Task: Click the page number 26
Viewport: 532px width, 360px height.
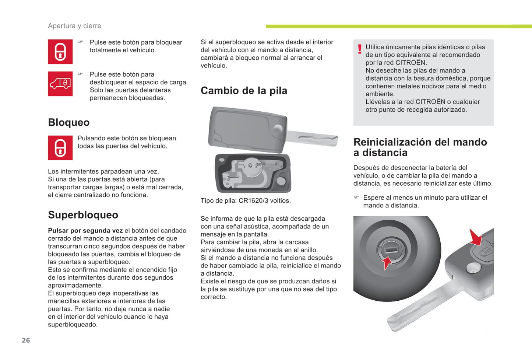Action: (x=26, y=340)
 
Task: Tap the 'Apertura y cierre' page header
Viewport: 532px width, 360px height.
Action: (x=74, y=26)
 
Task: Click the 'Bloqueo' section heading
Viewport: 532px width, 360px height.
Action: (x=69, y=122)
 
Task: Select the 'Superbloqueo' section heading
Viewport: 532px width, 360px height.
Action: (x=83, y=215)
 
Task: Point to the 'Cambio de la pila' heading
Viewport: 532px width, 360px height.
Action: (x=244, y=91)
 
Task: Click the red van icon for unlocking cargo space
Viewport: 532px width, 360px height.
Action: (x=60, y=84)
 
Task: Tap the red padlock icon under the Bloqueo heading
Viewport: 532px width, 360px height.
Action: (x=60, y=148)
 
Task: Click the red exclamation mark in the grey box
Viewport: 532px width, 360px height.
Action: (x=360, y=49)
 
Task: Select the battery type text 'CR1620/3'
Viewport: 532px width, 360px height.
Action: (x=254, y=201)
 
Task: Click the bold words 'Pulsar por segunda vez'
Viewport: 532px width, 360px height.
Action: (x=85, y=231)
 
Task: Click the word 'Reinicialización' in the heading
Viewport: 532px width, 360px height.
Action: (x=396, y=142)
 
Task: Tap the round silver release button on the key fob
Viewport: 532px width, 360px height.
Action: (x=473, y=268)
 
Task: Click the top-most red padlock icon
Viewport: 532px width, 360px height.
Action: (x=60, y=52)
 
